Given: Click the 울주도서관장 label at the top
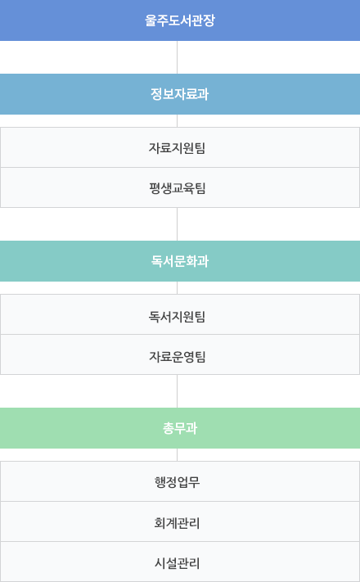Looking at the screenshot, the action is (x=180, y=20).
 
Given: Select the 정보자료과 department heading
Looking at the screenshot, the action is (x=180, y=94).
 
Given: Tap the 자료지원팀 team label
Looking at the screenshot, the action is (x=177, y=147).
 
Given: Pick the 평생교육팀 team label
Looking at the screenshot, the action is (x=177, y=187).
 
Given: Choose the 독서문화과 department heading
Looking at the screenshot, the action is (x=180, y=261).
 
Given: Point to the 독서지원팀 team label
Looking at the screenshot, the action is (x=177, y=316).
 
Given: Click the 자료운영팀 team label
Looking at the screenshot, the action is (x=177, y=356).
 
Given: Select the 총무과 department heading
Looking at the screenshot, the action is (x=180, y=428).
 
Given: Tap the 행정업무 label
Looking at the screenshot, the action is (x=177, y=482).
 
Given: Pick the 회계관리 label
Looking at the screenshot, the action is (x=177, y=522).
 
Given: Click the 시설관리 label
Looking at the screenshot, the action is (x=177, y=562).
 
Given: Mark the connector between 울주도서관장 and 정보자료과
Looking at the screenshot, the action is (x=177, y=57).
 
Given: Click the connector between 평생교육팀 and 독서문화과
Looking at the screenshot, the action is (x=177, y=224).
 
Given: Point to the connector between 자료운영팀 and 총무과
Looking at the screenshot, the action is (x=177, y=391).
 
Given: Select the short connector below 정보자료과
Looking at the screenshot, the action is (x=177, y=120).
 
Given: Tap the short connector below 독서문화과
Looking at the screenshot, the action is (x=177, y=287).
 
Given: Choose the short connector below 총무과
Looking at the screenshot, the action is (x=177, y=454).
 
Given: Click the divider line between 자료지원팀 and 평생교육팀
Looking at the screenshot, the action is (x=180, y=168).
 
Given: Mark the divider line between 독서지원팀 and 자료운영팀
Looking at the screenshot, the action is (x=180, y=335).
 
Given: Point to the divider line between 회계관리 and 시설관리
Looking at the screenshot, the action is (x=180, y=542).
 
